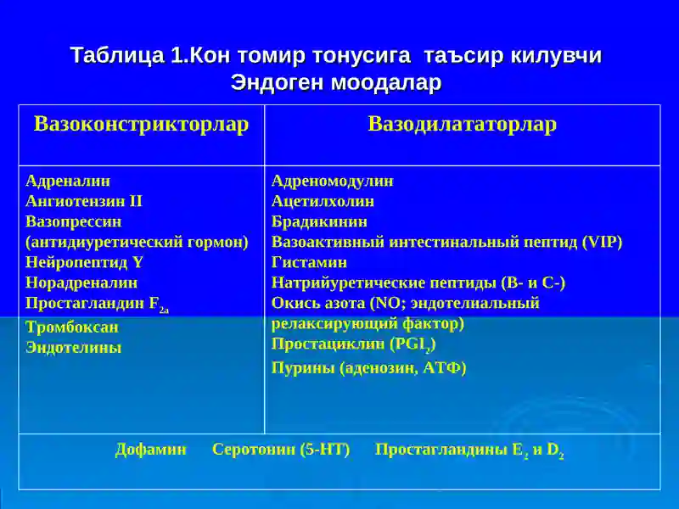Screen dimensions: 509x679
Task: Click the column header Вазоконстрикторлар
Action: pos(141,125)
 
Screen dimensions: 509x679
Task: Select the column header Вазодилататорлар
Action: pos(462,125)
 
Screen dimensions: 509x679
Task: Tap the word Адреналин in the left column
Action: pos(68,181)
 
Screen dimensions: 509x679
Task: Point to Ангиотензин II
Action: pos(83,201)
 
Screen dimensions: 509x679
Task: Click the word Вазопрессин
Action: pos(73,221)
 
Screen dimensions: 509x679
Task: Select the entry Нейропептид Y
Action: pos(84,262)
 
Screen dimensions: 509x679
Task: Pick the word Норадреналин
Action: pos(81,282)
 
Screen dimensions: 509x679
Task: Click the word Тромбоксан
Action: pos(71,327)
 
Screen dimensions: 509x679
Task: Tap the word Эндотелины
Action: pos(73,347)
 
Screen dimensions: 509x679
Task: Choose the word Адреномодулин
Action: pos(332,181)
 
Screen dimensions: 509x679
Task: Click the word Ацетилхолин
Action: pos(323,201)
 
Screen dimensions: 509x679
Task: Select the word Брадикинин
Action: pos(319,221)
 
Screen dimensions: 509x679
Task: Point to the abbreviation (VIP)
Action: pos(603,242)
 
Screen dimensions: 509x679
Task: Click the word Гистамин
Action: pos(309,262)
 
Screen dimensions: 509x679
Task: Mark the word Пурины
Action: pos(303,368)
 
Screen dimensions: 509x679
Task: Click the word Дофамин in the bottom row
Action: pos(150,450)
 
